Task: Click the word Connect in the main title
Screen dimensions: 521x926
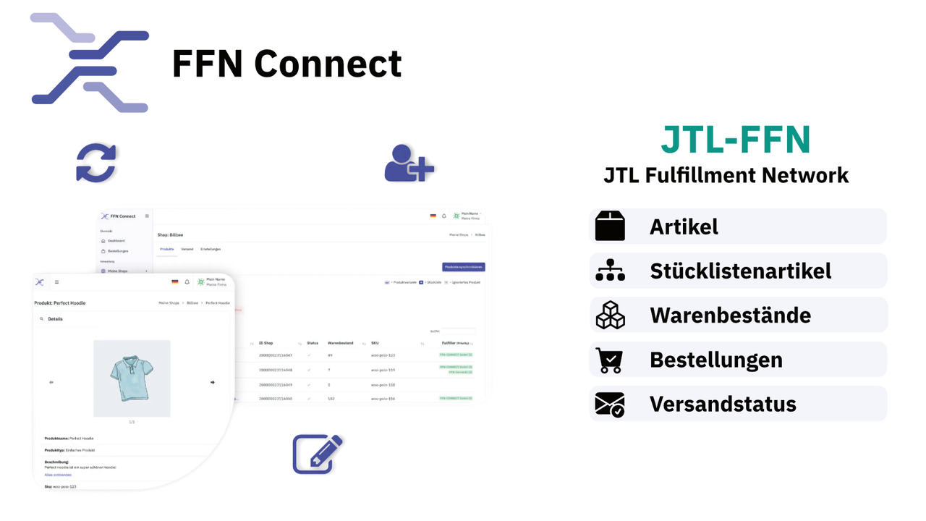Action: point(328,64)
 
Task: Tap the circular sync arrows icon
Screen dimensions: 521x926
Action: point(96,163)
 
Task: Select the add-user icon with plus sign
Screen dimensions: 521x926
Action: point(409,163)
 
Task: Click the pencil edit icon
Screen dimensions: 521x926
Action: point(317,454)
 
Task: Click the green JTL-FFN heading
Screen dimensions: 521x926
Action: point(736,140)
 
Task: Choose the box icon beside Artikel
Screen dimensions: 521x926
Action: point(610,226)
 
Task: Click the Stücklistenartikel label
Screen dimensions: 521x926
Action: point(740,271)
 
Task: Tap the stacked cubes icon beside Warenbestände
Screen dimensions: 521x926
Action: point(610,315)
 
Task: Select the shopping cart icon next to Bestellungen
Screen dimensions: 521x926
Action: point(609,360)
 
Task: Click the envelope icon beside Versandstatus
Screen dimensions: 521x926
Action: point(610,404)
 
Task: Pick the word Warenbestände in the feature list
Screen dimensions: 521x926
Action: point(730,315)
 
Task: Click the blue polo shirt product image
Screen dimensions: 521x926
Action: point(132,378)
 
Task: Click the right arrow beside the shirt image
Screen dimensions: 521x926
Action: point(212,382)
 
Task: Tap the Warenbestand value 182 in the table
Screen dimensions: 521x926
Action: point(331,398)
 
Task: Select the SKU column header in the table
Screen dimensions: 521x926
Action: point(375,343)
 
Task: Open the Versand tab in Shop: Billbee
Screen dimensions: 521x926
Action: point(187,249)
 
